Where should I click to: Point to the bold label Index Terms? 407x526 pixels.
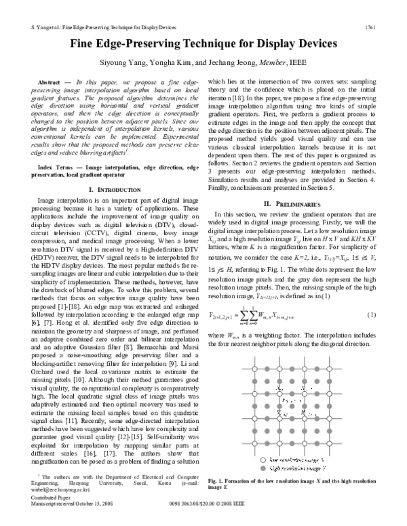pos(57,166)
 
